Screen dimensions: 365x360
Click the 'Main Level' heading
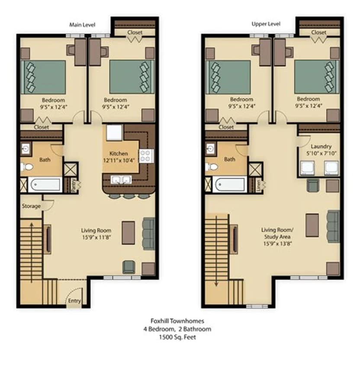tap(82, 25)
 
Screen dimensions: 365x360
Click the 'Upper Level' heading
tap(266, 24)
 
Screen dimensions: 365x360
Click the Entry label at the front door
tap(74, 301)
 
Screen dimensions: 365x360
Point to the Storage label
tap(31, 206)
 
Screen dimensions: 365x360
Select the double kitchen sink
tap(121, 180)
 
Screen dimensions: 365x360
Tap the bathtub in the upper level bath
tap(230, 184)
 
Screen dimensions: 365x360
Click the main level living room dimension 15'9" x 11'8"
tap(96, 237)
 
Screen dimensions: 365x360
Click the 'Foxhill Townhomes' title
tap(177, 321)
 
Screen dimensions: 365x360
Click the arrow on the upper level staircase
tap(215, 283)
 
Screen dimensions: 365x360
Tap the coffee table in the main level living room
tap(129, 233)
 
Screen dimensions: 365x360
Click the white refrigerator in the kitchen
tap(114, 133)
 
